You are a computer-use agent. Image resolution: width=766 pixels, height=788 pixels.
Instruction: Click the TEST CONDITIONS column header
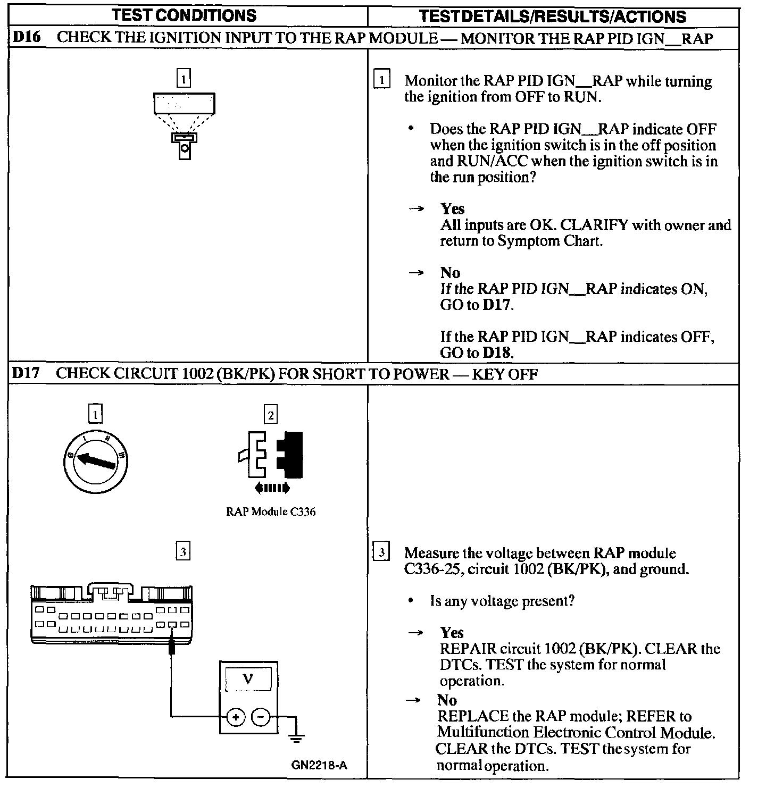click(184, 15)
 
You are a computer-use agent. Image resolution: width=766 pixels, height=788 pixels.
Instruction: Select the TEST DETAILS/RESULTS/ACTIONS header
click(552, 16)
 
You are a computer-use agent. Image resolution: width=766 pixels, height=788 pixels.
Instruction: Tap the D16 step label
click(26, 38)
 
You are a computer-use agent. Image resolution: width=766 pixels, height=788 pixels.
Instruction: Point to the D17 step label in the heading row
click(26, 373)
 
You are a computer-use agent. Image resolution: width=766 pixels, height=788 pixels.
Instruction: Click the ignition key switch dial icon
click(95, 460)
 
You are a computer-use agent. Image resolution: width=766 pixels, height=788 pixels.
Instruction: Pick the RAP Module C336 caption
click(270, 512)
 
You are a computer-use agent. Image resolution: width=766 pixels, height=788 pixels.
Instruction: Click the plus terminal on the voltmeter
click(235, 717)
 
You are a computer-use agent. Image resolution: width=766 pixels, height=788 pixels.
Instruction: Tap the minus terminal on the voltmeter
click(260, 717)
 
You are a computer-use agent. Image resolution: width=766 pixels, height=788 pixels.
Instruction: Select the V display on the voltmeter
click(248, 679)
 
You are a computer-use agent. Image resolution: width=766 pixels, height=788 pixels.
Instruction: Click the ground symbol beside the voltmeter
click(297, 736)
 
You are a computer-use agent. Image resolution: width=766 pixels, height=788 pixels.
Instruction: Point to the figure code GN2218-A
click(319, 765)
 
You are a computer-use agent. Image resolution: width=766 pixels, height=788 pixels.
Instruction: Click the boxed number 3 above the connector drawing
click(183, 552)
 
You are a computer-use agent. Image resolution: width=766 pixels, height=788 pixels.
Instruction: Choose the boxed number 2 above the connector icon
click(270, 414)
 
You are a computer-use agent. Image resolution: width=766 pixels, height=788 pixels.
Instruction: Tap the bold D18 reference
click(497, 353)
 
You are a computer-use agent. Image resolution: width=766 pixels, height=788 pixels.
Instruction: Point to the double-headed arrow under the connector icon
click(271, 487)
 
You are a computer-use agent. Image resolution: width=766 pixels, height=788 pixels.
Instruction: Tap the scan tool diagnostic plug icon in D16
click(185, 128)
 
